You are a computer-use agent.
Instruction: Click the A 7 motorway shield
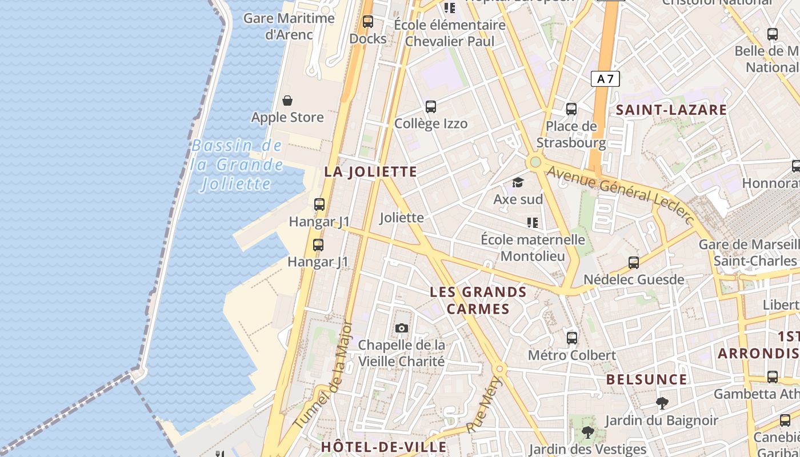(x=605, y=79)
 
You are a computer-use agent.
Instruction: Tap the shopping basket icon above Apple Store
(x=287, y=101)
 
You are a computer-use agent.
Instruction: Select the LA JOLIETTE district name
(x=371, y=171)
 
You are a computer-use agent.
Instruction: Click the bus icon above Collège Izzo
(x=431, y=107)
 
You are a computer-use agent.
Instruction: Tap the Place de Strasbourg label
(x=571, y=134)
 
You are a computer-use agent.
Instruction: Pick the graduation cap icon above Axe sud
(x=518, y=182)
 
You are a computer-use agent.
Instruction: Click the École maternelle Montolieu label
(x=533, y=247)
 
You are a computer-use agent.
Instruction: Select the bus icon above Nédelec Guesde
(x=633, y=263)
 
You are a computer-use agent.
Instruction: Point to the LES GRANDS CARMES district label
(x=478, y=300)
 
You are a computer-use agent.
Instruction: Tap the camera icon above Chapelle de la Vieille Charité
(x=402, y=328)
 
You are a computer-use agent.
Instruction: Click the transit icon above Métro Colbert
(x=572, y=338)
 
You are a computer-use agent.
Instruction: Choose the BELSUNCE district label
(x=646, y=379)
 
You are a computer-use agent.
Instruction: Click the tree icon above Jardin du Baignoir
(x=662, y=403)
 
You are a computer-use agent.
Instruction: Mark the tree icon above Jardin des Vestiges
(x=587, y=432)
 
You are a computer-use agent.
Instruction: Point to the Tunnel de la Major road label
(x=323, y=375)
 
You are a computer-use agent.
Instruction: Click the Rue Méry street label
(x=483, y=404)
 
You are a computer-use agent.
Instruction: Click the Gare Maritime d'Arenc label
(x=289, y=26)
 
